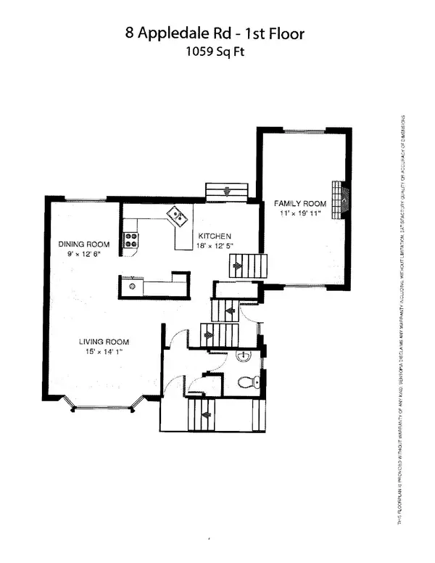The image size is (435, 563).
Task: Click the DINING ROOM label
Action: (84, 244)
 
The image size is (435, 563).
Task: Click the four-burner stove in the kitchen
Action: (131, 239)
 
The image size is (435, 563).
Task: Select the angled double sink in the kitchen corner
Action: (178, 215)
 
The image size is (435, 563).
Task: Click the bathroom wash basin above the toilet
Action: (244, 356)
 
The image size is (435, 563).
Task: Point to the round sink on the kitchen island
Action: (133, 286)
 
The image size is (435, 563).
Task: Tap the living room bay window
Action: (103, 406)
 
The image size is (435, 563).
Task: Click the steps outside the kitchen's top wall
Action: (227, 192)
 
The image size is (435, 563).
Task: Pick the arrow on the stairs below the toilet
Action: (206, 416)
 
